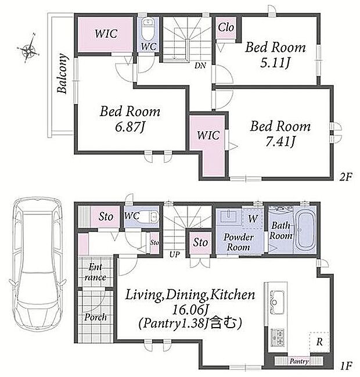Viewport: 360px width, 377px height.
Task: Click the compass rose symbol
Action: click(x=28, y=48)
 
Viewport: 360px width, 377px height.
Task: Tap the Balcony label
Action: click(x=62, y=73)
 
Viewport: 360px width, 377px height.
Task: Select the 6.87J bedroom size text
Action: click(x=130, y=127)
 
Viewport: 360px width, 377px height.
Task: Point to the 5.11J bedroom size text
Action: click(x=275, y=63)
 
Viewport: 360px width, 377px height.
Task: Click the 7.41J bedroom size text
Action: click(x=280, y=142)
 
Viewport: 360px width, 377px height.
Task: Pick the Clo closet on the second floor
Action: click(x=226, y=27)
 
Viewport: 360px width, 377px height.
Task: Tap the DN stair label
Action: click(x=200, y=66)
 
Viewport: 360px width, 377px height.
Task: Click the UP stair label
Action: click(x=174, y=254)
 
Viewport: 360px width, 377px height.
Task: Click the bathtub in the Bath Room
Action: click(x=305, y=231)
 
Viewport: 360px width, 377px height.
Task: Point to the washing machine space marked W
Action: click(x=253, y=218)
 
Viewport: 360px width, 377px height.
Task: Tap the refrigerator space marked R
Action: click(x=319, y=342)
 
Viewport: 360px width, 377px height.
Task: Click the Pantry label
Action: click(x=298, y=361)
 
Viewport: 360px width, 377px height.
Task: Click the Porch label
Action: click(x=95, y=317)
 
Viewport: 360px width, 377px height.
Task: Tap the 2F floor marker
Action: click(x=345, y=177)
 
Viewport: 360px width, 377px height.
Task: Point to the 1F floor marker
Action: click(x=346, y=366)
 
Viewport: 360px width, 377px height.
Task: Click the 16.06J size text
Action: click(x=190, y=310)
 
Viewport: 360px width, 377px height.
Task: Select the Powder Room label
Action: click(x=239, y=242)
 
